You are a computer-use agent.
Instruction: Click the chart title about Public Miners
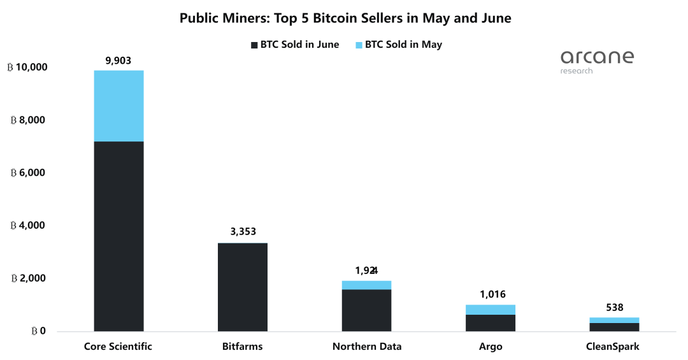tap(345, 18)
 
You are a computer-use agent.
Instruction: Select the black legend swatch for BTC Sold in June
tap(254, 45)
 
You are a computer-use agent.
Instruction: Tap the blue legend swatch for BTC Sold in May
tap(359, 45)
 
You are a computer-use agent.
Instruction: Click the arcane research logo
tap(597, 61)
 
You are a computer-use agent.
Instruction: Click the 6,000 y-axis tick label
tap(28, 173)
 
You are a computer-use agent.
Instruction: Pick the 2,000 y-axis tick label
tap(28, 279)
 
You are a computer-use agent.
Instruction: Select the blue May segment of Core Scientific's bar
tap(118, 106)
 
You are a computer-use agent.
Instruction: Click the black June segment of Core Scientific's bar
tap(118, 236)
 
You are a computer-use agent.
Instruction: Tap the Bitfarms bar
tap(242, 287)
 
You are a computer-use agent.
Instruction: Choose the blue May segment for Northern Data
tap(366, 285)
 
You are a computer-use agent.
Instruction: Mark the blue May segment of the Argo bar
tap(491, 310)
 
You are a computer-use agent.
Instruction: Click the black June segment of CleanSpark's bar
tap(614, 327)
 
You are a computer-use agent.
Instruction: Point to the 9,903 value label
tap(118, 61)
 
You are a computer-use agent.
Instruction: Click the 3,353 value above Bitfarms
tap(243, 232)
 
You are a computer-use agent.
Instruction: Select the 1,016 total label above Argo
tap(491, 294)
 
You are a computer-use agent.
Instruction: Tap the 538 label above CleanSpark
tap(614, 307)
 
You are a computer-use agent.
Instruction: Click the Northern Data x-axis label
tap(366, 347)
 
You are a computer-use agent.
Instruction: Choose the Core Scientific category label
tap(118, 347)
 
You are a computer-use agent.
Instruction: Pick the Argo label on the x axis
tap(491, 347)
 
